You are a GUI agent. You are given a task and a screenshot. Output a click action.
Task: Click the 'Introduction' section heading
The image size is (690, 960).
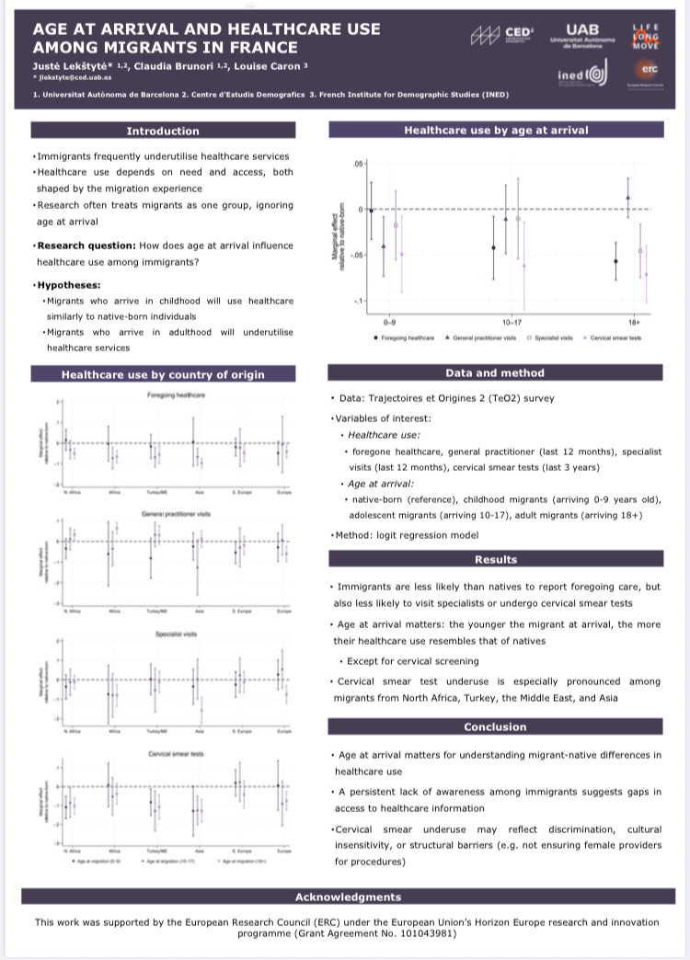coord(163,131)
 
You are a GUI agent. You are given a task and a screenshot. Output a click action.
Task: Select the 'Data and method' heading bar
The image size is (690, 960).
coord(495,373)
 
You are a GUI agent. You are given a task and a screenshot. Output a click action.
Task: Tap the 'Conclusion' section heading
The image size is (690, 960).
coord(495,726)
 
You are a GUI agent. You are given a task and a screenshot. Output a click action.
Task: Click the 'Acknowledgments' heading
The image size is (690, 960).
coord(348,897)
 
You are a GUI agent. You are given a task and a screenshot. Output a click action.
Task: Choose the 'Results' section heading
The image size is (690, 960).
coord(495,559)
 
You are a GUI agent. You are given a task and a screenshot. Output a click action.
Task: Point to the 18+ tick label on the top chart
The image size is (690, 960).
coord(632,324)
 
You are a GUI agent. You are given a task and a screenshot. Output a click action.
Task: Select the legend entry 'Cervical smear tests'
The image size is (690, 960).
coord(615,337)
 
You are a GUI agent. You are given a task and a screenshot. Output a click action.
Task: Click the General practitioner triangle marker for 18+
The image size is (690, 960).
coord(627,198)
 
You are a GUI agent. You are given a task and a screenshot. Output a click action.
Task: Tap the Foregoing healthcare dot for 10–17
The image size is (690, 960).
coord(494,248)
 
